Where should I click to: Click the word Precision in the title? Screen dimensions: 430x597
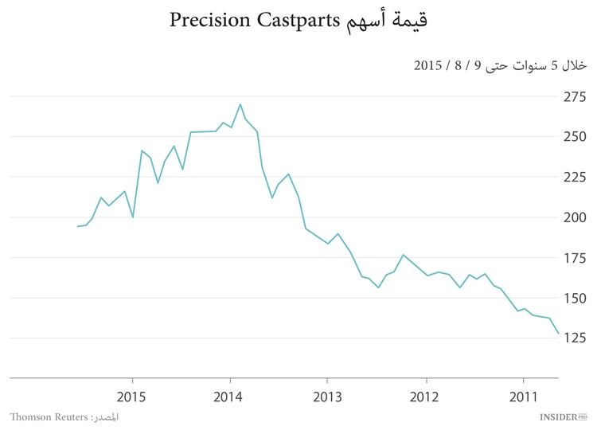(x=213, y=21)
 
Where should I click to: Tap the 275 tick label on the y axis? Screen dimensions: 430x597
(x=576, y=96)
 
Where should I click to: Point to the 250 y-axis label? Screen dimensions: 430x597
(x=576, y=136)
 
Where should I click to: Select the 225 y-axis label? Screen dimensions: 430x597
(x=576, y=177)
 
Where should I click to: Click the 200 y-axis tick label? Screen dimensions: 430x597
(x=576, y=217)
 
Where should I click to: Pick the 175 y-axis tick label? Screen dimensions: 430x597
(x=576, y=258)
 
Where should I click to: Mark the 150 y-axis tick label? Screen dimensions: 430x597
(x=576, y=298)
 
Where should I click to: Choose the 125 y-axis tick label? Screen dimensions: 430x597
(x=576, y=338)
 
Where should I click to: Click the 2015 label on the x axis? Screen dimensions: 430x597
(x=132, y=396)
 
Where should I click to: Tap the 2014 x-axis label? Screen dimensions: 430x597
(x=230, y=396)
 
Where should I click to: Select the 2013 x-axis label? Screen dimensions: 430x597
(x=327, y=396)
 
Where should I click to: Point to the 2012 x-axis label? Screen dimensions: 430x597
(x=425, y=396)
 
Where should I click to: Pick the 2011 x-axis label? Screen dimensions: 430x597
(x=523, y=396)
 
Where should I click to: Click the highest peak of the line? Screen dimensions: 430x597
(x=240, y=104)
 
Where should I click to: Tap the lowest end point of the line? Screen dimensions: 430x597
(x=558, y=334)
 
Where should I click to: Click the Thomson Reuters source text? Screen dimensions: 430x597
(x=49, y=417)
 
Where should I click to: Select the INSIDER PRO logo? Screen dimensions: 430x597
(x=562, y=416)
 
